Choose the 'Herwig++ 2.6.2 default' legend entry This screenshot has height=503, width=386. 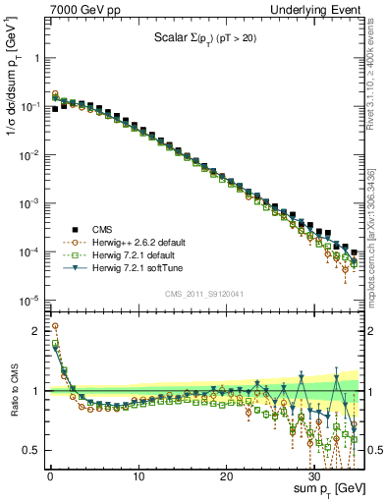[x=136, y=242]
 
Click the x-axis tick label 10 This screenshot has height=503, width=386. [x=138, y=475]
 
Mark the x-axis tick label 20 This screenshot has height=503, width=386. [x=227, y=475]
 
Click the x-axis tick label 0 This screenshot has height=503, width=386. [x=50, y=475]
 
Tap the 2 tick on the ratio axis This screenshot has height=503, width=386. [x=37, y=330]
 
